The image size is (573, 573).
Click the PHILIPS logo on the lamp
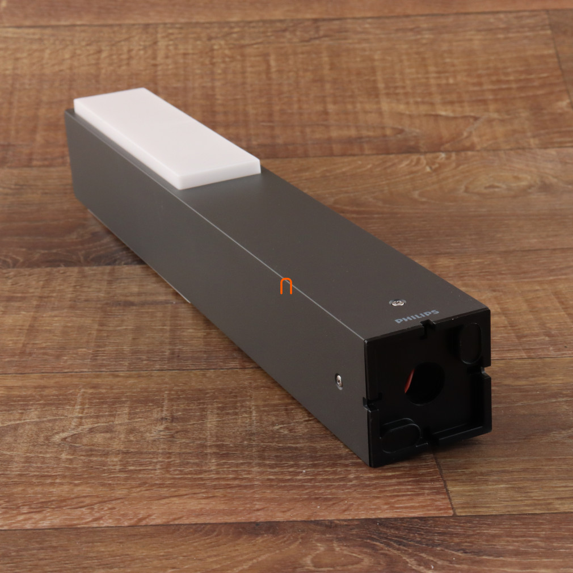[416, 317]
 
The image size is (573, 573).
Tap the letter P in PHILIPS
[398, 321]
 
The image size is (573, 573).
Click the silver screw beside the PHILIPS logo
[397, 302]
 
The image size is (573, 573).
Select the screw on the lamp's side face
[339, 381]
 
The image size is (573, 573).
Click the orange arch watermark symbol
[286, 286]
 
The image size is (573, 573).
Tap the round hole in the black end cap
[425, 384]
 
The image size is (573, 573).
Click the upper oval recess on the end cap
[470, 343]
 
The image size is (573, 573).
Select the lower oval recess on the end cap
[401, 435]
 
